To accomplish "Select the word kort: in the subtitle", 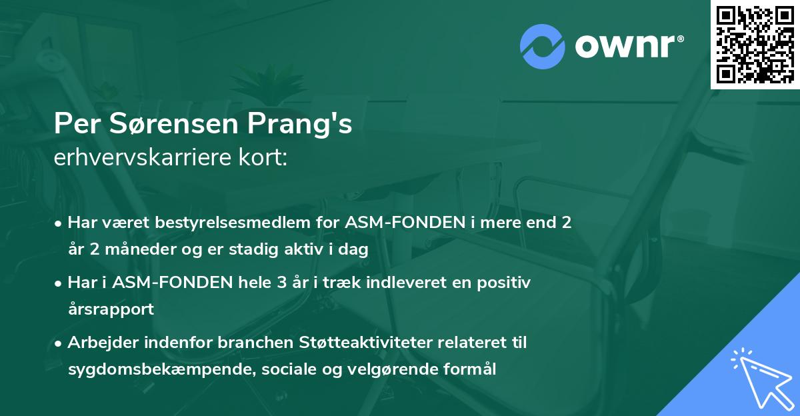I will [x=266, y=159].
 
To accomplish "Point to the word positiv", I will [x=505, y=283].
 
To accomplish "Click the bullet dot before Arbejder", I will [x=59, y=343].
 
